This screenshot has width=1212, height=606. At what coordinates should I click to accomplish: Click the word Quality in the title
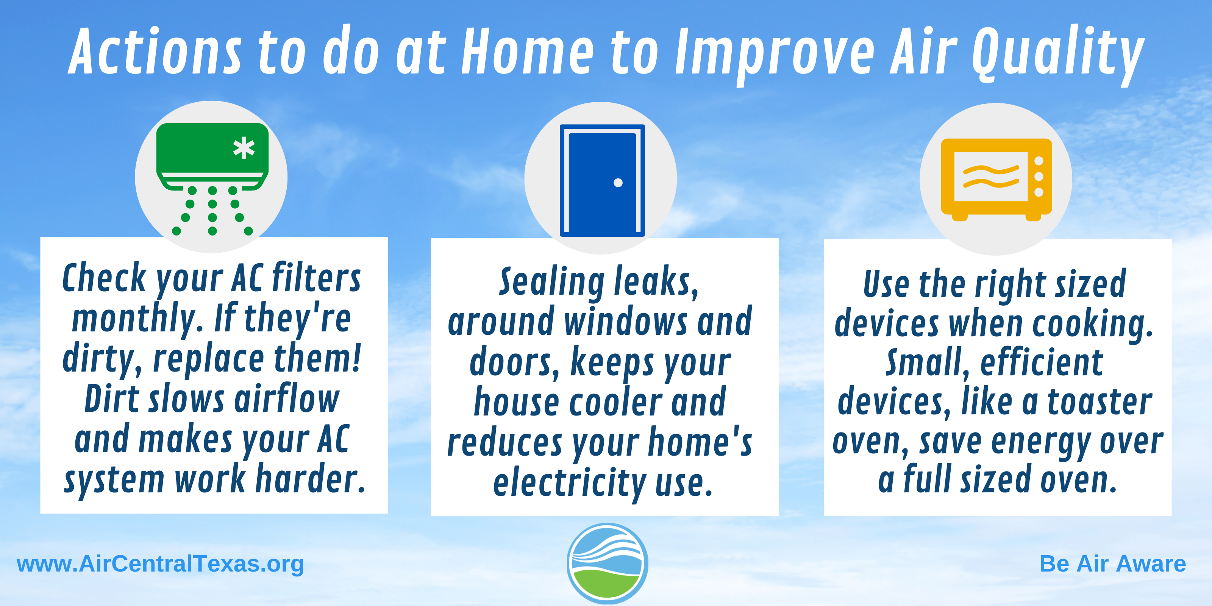[x=1058, y=54]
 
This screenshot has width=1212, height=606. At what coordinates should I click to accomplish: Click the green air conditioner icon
[x=212, y=179]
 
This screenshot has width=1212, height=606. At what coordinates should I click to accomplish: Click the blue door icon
[x=602, y=180]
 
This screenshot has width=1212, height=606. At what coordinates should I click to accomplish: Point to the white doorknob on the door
[x=618, y=183]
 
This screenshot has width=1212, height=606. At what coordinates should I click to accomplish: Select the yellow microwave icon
[x=996, y=179]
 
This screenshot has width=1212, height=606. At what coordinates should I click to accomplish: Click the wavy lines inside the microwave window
[x=991, y=176]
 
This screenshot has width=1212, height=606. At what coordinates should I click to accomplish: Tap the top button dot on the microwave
[x=1039, y=161]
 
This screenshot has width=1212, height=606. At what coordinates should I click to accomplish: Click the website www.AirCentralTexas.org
[x=160, y=564]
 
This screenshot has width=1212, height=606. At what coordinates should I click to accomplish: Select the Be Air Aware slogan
[x=1113, y=564]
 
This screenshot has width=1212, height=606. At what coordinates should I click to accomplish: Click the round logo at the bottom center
[x=607, y=563]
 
